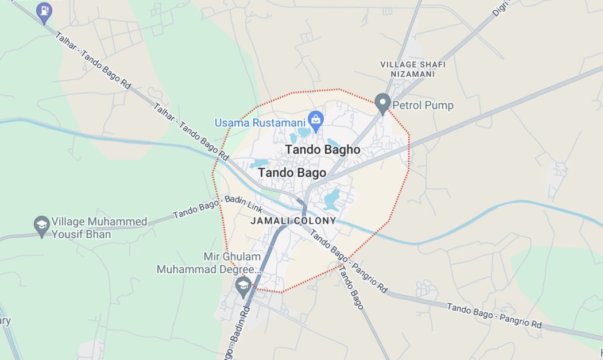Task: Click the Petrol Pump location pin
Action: click(382, 104)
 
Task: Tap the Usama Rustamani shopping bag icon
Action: click(315, 121)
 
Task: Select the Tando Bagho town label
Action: click(323, 150)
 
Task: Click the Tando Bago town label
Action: click(292, 173)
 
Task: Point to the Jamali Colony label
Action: click(293, 220)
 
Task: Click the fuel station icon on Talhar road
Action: click(44, 11)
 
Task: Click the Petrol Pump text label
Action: click(423, 106)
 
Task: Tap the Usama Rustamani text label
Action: click(260, 123)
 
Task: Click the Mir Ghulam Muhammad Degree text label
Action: click(210, 262)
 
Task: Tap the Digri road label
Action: click(501, 7)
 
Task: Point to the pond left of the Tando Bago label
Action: click(259, 164)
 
